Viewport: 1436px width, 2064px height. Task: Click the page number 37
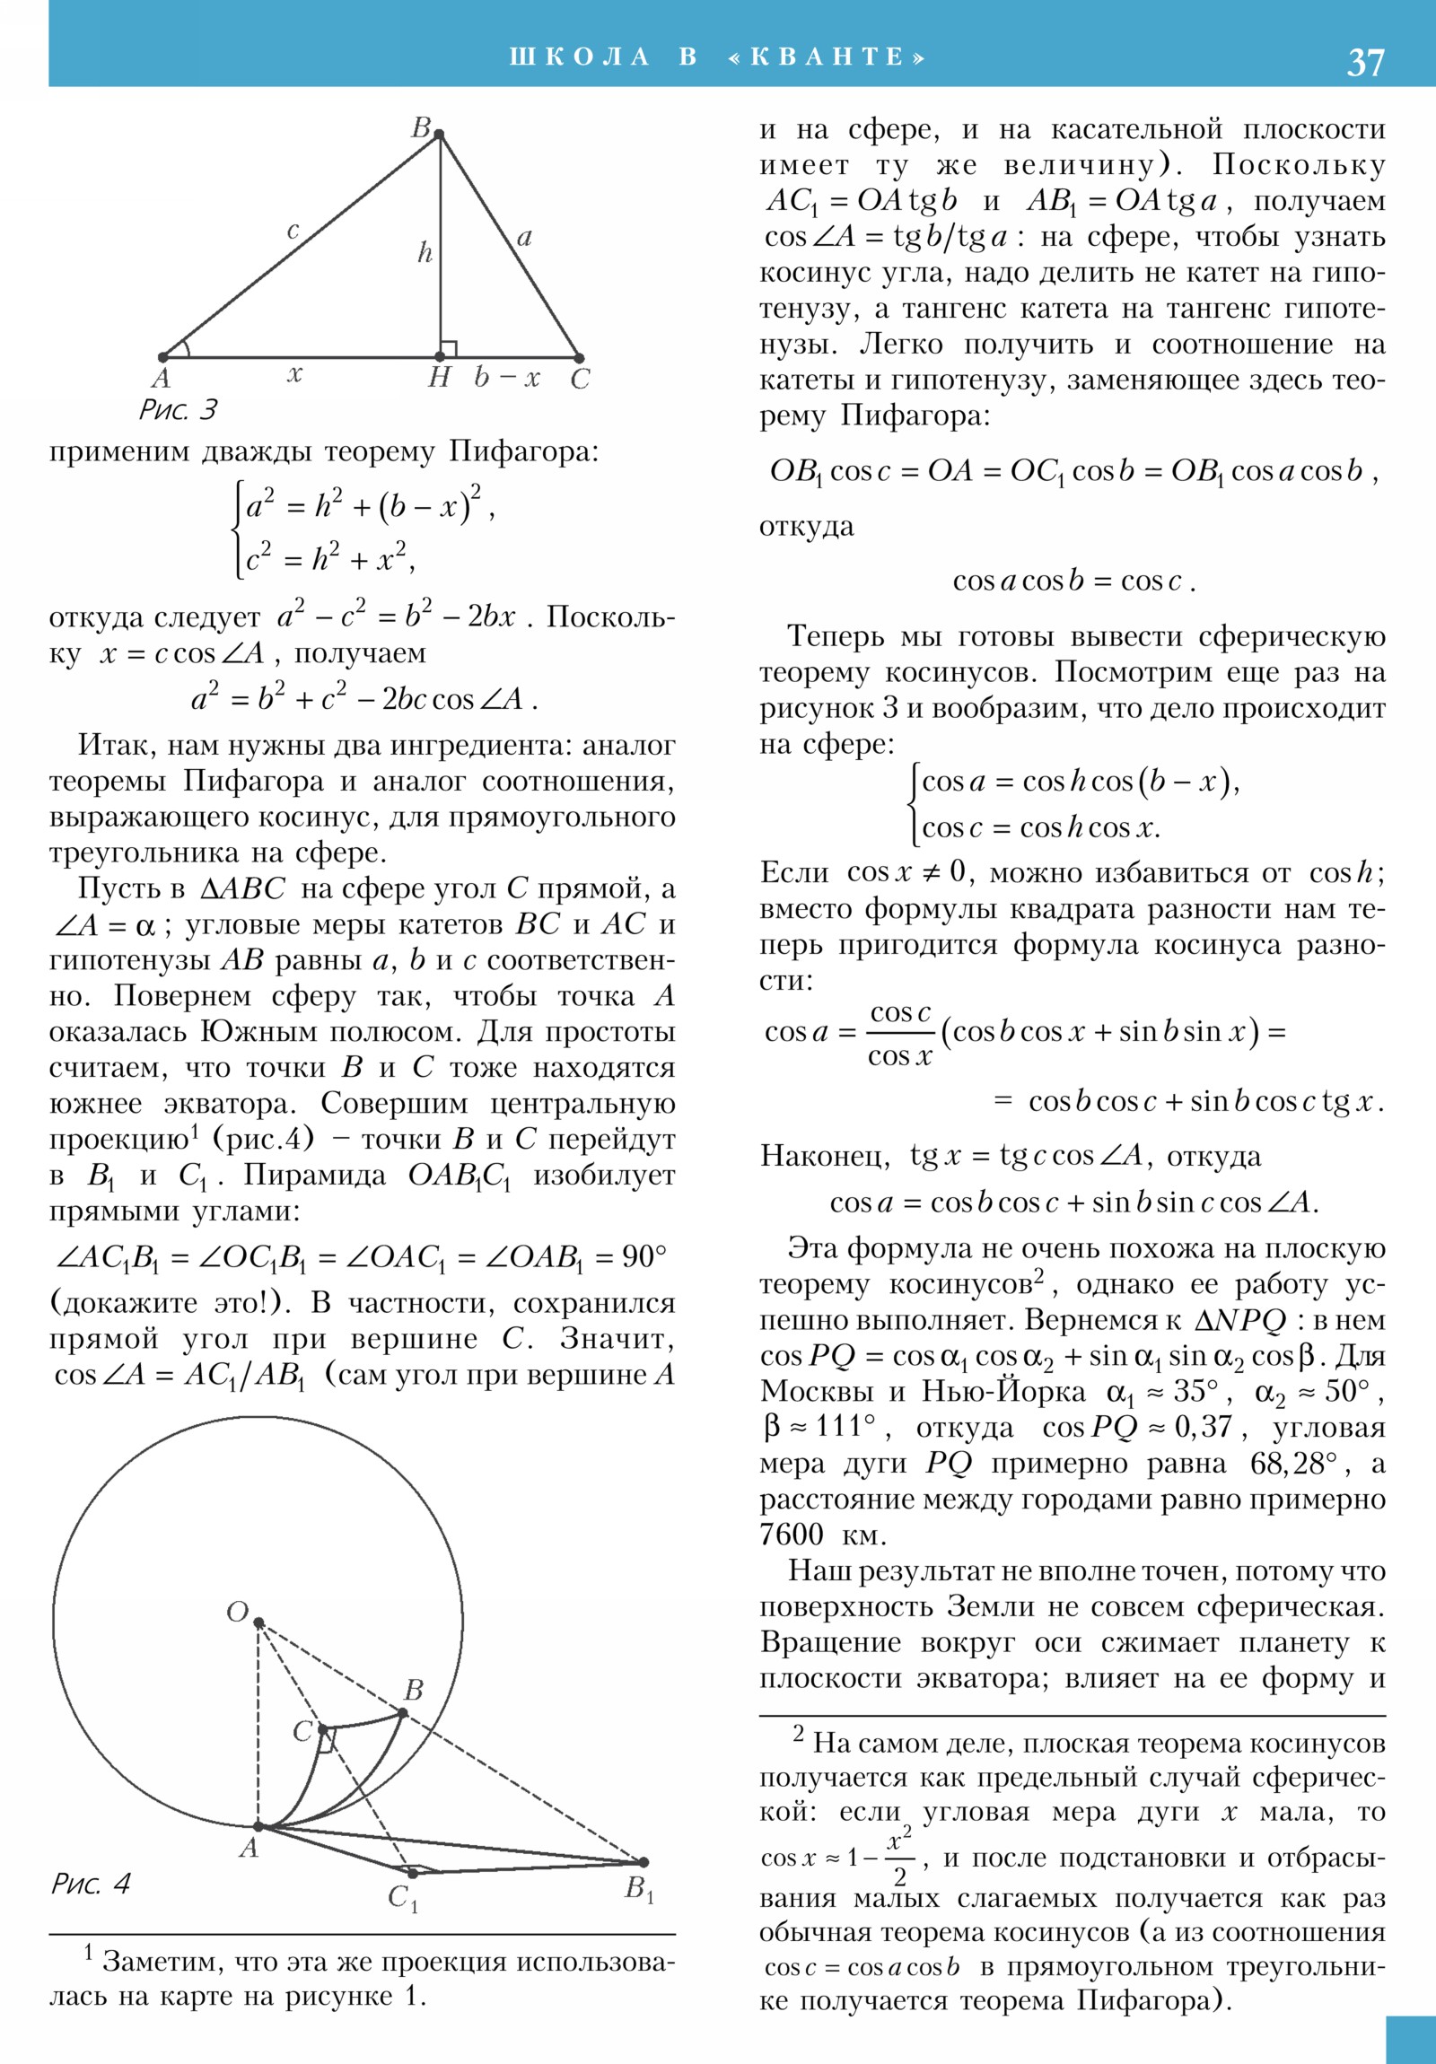(1365, 62)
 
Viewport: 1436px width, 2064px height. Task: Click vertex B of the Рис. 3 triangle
(439, 135)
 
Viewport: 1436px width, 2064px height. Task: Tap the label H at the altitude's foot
(439, 378)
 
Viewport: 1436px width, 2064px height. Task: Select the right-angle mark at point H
(449, 349)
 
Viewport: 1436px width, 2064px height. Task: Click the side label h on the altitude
(425, 252)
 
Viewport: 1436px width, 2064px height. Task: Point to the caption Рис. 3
(178, 410)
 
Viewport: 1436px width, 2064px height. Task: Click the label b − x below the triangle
(507, 378)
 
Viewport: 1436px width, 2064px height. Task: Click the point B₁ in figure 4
(643, 1862)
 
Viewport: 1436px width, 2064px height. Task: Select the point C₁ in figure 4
(412, 1875)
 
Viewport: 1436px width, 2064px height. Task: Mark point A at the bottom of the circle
(258, 1826)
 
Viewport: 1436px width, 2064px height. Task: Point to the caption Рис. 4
(91, 1884)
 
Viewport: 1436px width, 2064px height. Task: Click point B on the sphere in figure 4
(403, 1712)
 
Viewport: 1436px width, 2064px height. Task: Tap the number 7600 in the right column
(792, 1535)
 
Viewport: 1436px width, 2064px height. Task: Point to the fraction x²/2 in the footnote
(900, 1858)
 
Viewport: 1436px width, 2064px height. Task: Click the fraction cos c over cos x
(900, 1034)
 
